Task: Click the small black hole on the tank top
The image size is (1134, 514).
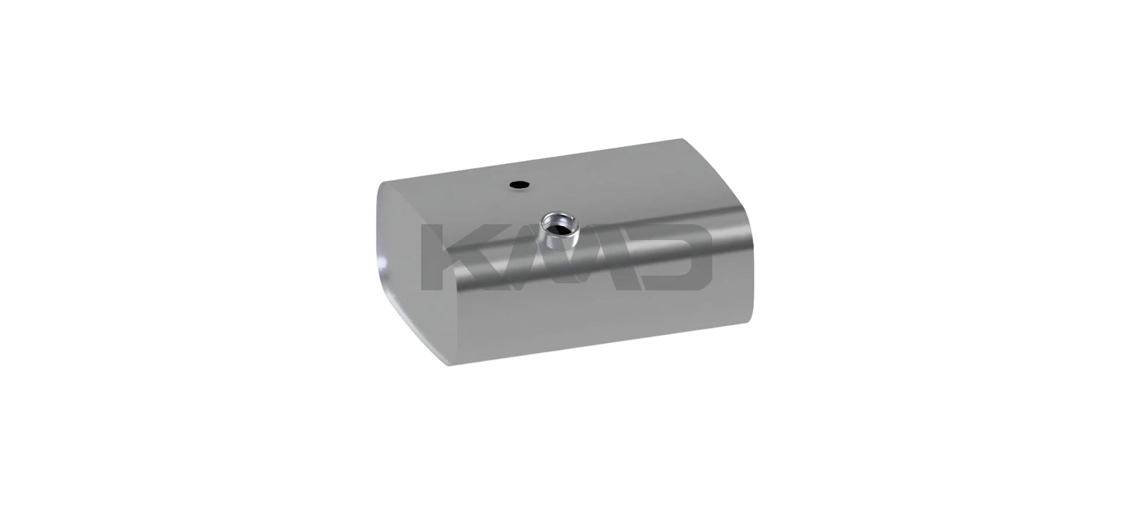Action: coord(520,185)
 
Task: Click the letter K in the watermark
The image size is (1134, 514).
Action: coord(449,257)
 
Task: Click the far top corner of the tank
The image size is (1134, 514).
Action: coord(683,140)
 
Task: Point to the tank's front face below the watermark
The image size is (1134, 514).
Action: coord(591,319)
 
